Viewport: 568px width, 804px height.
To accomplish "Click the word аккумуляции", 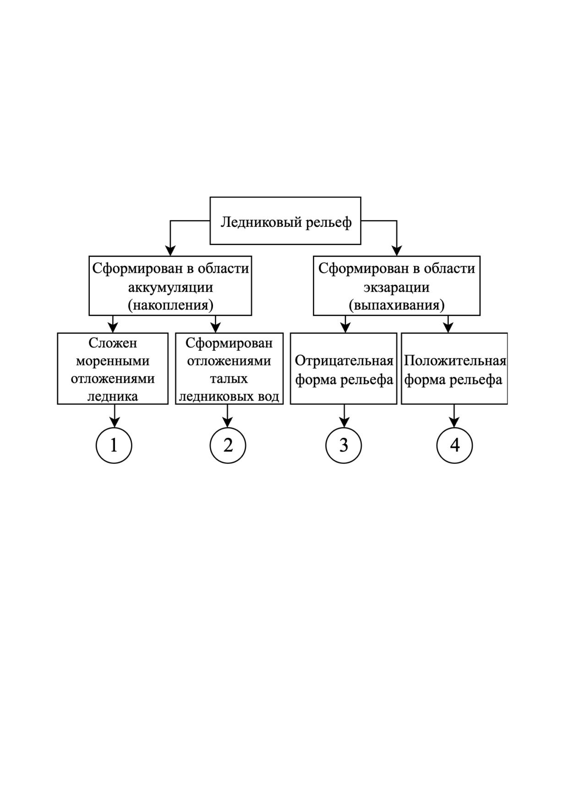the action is (x=170, y=287).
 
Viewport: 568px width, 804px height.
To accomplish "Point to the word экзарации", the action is (x=397, y=287).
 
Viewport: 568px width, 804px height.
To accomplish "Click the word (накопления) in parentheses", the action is (x=170, y=305).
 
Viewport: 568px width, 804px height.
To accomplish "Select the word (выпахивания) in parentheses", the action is (x=397, y=305).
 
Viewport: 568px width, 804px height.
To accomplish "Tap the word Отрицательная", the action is (x=344, y=361).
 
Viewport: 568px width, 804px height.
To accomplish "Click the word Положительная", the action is (x=455, y=361).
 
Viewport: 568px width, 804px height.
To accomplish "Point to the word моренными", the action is (x=113, y=361).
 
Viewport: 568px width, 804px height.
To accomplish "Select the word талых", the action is (x=229, y=379).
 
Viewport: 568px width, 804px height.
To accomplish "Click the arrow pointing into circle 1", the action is (x=114, y=416).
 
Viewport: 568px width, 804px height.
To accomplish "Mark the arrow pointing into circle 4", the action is (x=454, y=416).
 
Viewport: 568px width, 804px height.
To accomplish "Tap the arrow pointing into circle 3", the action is (x=344, y=416).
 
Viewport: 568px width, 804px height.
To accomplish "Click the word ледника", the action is (x=113, y=396).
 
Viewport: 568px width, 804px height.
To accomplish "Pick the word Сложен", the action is (x=113, y=343).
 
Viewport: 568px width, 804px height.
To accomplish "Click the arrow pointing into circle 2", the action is (x=228, y=416).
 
